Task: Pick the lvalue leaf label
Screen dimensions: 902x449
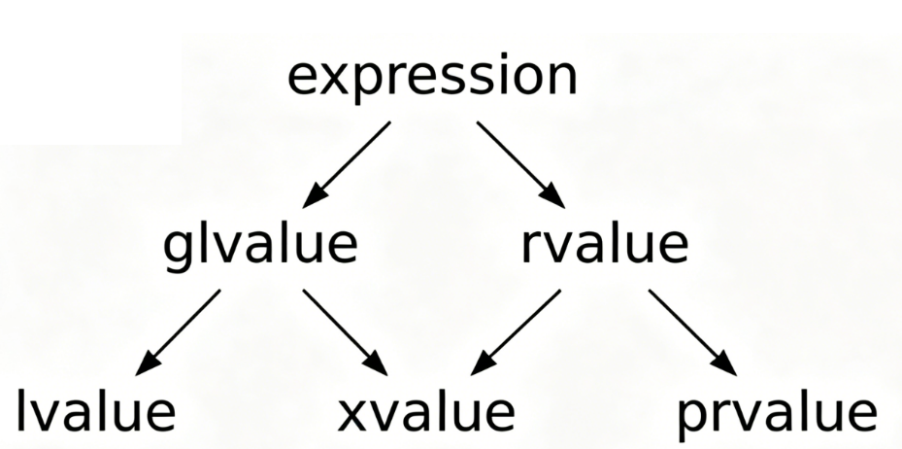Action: tap(95, 412)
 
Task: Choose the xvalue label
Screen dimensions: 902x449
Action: tap(426, 412)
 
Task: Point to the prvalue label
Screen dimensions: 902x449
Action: tap(777, 412)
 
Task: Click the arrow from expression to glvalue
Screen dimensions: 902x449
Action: tap(348, 163)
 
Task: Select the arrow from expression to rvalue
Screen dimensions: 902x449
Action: tap(519, 163)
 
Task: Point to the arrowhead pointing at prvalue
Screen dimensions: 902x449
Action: tap(726, 365)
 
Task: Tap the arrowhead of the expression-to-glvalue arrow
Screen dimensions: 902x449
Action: tap(312, 197)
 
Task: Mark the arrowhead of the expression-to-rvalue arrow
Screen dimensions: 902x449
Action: tap(555, 197)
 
